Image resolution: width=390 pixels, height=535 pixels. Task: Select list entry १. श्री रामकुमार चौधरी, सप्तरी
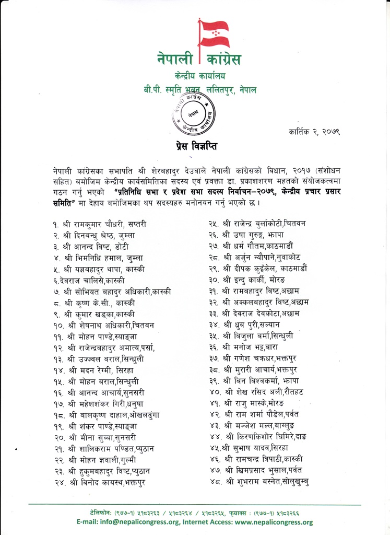click(99, 224)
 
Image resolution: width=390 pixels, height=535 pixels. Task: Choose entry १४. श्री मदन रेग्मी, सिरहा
click(94, 369)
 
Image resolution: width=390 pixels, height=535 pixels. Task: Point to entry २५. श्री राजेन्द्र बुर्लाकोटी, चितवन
click(257, 224)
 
